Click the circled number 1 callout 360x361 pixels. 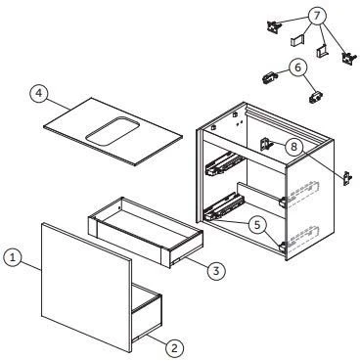pyautogui.click(x=13, y=258)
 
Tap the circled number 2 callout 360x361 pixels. pyautogui.click(x=174, y=348)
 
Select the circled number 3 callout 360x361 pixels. pyautogui.click(x=216, y=270)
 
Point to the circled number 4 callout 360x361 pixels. pyautogui.click(x=39, y=93)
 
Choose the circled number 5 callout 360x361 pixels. pyautogui.click(x=257, y=225)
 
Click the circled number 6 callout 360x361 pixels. pyautogui.click(x=297, y=68)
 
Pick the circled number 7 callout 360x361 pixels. pyautogui.click(x=318, y=16)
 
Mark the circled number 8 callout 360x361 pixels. pyautogui.click(x=294, y=147)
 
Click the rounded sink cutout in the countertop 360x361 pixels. pyautogui.click(x=112, y=131)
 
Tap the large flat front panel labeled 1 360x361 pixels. pyautogui.click(x=86, y=288)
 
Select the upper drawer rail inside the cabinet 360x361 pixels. pyautogui.click(x=224, y=164)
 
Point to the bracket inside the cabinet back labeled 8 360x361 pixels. pyautogui.click(x=265, y=144)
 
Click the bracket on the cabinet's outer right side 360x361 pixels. pyautogui.click(x=347, y=178)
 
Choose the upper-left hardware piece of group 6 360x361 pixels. pyautogui.click(x=270, y=78)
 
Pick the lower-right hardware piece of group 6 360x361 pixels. pyautogui.click(x=315, y=97)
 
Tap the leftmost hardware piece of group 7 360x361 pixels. pyautogui.click(x=273, y=25)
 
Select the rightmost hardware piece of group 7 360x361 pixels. pyautogui.click(x=347, y=58)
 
